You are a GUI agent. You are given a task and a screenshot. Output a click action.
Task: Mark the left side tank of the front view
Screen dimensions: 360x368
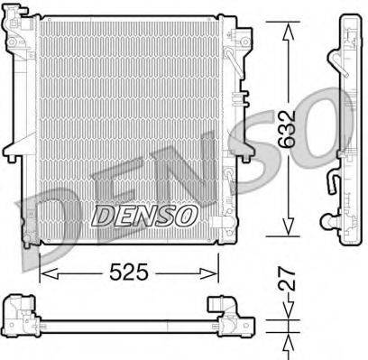pyautogui.click(x=30, y=135)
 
